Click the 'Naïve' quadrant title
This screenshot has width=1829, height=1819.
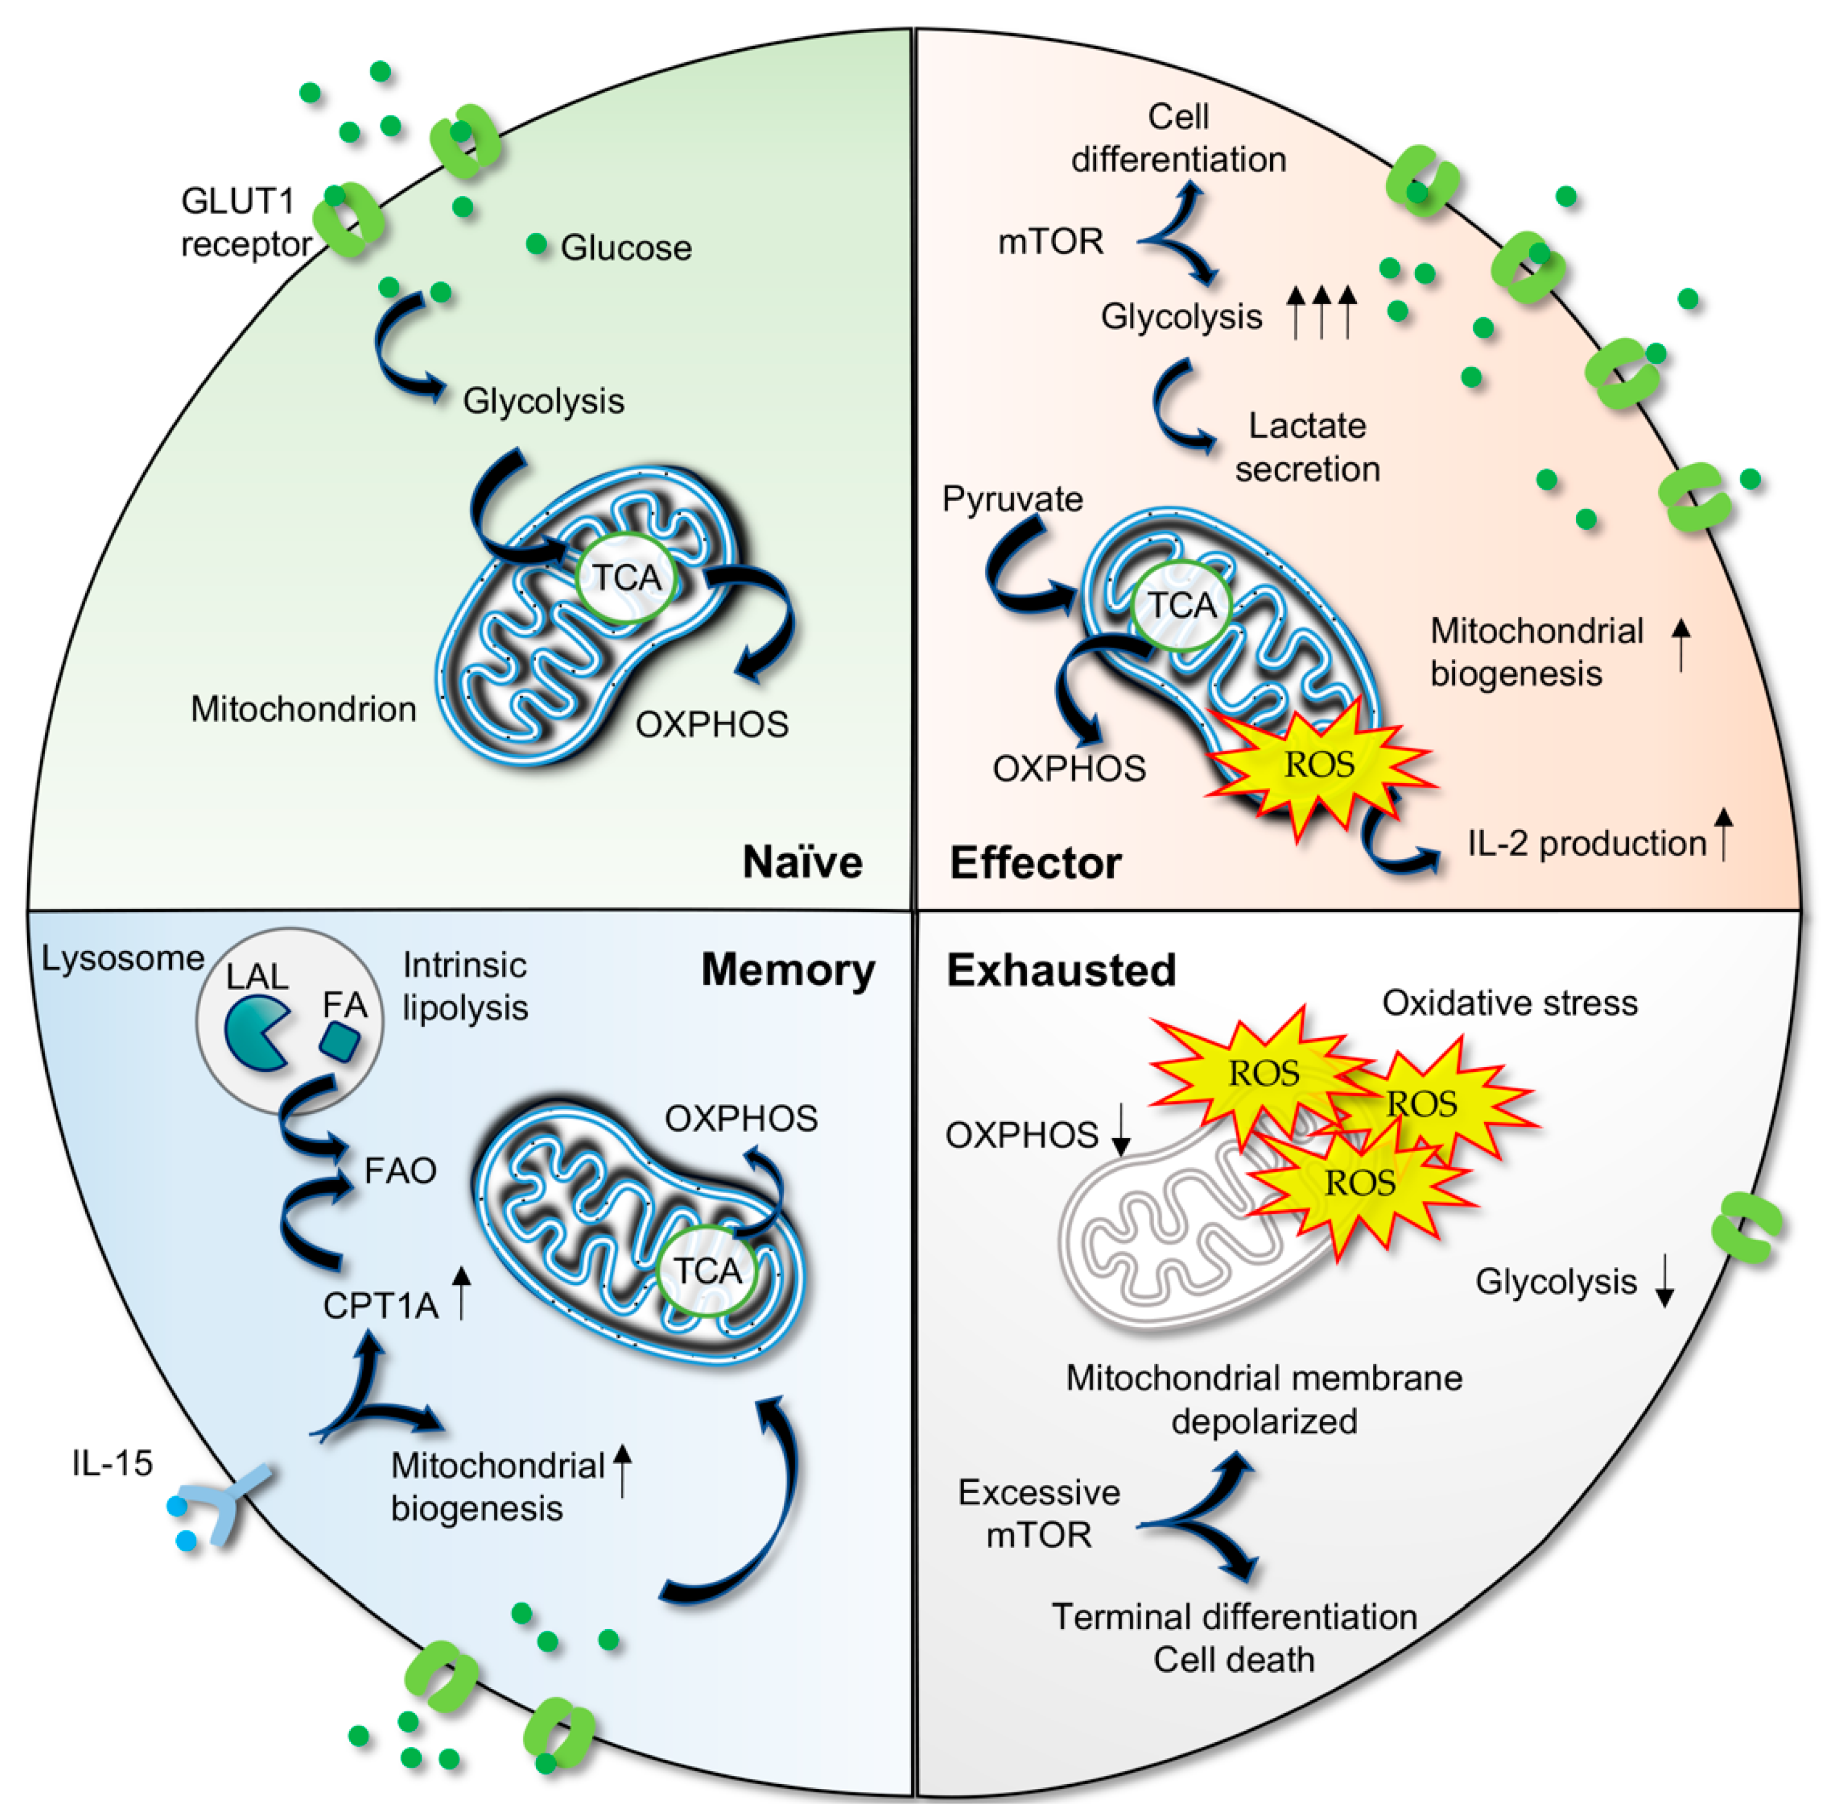(802, 862)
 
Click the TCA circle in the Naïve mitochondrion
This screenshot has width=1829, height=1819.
(626, 577)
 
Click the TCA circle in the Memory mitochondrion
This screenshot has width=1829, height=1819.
(707, 1270)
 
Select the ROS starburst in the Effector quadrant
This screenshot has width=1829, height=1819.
(1319, 764)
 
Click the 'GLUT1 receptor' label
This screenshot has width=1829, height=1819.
(244, 222)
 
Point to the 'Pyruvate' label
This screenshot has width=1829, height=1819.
(1012, 499)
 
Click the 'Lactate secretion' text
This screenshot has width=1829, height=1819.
(1307, 447)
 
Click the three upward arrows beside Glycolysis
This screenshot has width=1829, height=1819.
(1321, 312)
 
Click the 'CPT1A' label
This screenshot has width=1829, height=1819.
(380, 1306)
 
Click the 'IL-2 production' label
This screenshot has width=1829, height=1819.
(1586, 843)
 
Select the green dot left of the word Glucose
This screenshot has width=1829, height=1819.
(537, 244)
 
